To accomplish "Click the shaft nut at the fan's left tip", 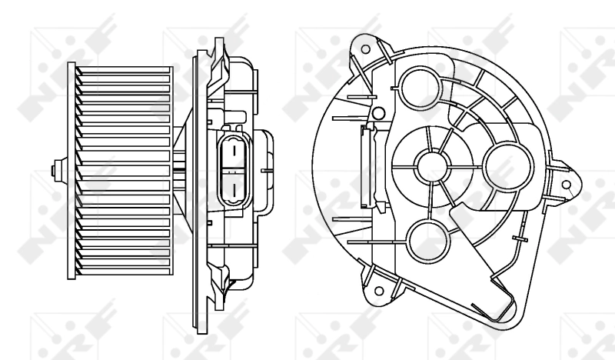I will [54, 169].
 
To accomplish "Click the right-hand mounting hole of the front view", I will [567, 185].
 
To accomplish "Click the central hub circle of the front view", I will [430, 162].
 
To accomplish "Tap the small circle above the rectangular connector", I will [377, 114].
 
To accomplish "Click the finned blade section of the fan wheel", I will [123, 169].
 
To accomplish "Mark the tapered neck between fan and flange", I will [184, 169].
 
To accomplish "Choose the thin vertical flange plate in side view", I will [201, 169].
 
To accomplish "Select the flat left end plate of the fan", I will [71, 169].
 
